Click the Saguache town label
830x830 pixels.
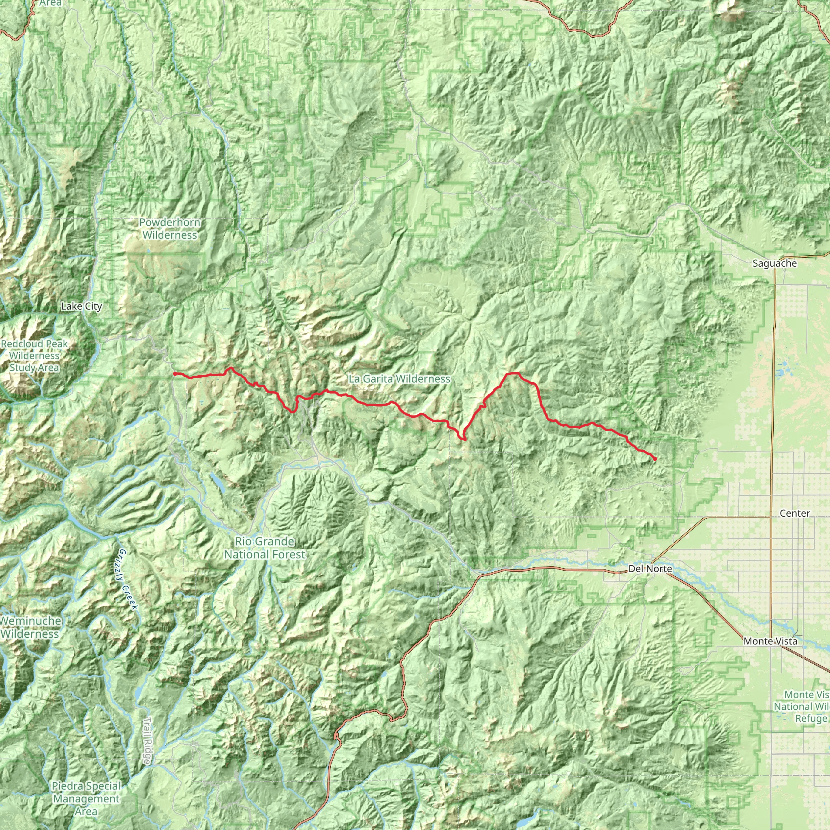point(774,263)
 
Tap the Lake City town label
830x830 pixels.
point(81,306)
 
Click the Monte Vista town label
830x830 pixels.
point(770,642)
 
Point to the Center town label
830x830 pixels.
point(795,513)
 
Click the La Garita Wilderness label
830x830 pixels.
point(399,379)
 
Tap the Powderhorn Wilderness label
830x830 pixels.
point(170,229)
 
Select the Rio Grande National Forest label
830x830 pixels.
point(265,548)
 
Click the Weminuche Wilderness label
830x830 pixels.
point(30,627)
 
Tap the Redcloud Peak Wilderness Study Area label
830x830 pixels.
point(34,356)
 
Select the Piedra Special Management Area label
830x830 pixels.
point(86,799)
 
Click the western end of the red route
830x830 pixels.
point(174,374)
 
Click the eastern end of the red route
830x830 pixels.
point(655,459)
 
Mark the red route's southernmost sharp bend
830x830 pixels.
point(464,439)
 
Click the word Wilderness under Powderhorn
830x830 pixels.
point(170,235)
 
